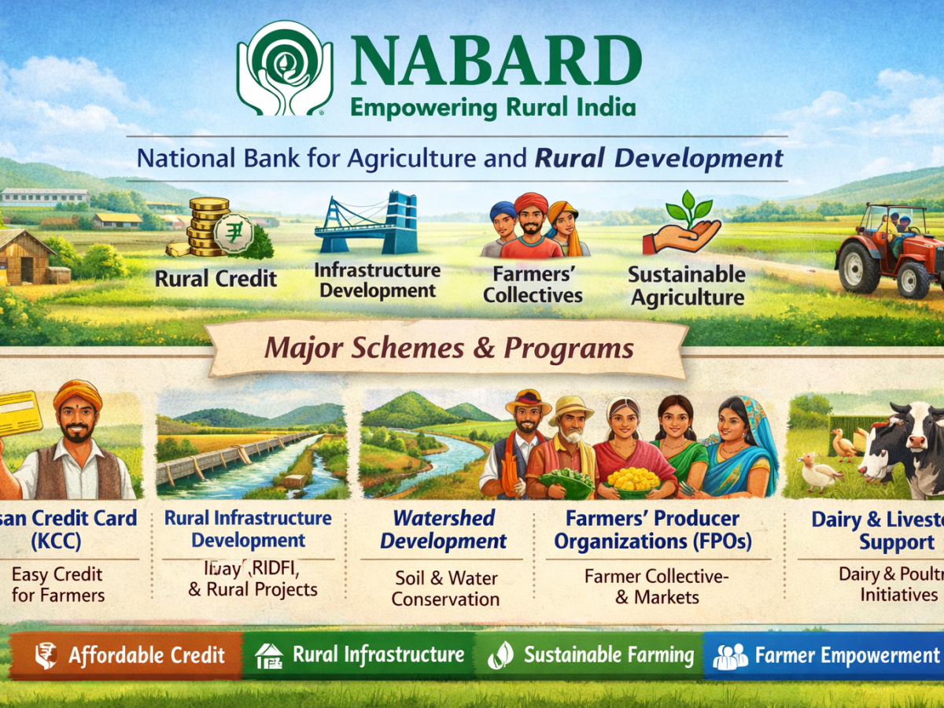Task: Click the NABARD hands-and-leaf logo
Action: coord(285,68)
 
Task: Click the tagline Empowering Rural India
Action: coord(492,106)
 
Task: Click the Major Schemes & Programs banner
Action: coord(448,348)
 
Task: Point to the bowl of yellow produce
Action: coord(635,479)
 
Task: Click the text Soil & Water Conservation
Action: coord(445,588)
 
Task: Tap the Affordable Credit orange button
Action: coord(126,655)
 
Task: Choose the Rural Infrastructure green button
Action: coord(362,655)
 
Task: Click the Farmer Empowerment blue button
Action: coord(826,655)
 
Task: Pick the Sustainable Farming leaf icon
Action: coord(501,655)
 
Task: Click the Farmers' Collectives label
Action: coord(533,285)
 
